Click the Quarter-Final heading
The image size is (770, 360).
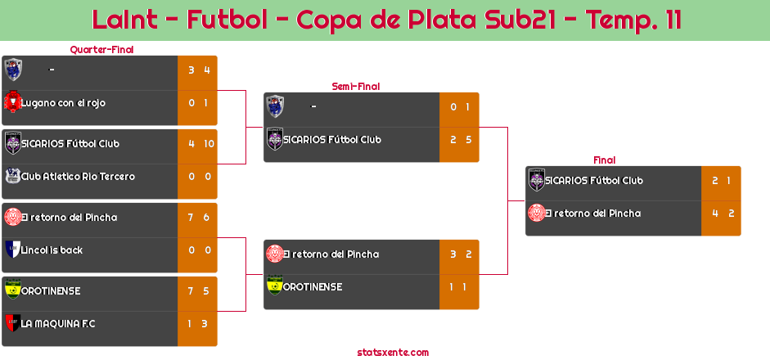[x=101, y=50]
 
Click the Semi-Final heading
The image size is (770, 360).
[x=356, y=87]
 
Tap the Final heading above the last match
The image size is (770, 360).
[x=605, y=160]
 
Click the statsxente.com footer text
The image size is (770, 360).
[x=393, y=353]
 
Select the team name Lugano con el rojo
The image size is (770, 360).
[x=63, y=103]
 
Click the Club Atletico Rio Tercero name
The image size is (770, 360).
[x=78, y=176]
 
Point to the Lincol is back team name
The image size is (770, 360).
[x=52, y=250]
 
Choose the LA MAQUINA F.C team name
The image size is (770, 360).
[x=58, y=324]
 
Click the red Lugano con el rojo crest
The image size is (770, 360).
[x=12, y=102]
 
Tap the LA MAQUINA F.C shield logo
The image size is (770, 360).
[x=13, y=322]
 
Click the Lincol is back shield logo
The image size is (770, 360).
[x=13, y=249]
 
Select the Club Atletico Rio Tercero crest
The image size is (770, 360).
[x=13, y=176]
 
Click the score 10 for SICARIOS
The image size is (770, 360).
[x=209, y=144]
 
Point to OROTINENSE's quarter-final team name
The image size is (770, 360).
[x=51, y=291]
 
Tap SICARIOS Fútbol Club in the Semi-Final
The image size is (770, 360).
[x=332, y=140]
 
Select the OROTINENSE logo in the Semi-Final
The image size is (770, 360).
[x=275, y=286]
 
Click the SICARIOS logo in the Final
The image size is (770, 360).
[x=537, y=180]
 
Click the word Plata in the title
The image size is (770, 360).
[x=443, y=20]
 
